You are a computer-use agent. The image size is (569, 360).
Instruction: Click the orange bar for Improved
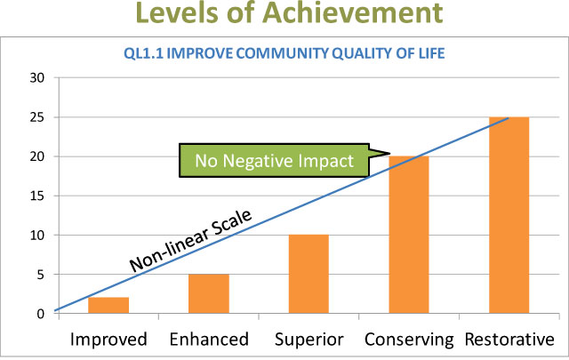click(108, 305)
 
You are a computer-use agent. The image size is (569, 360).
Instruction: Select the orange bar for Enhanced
click(209, 293)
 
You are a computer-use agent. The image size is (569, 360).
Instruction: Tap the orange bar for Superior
click(309, 274)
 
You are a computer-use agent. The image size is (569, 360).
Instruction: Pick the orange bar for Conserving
click(409, 235)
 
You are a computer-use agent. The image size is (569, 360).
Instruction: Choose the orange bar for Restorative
click(509, 215)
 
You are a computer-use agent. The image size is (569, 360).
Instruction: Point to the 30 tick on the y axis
click(37, 77)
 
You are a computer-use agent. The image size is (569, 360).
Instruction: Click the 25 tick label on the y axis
click(37, 117)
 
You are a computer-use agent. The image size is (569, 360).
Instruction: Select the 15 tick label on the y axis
click(37, 196)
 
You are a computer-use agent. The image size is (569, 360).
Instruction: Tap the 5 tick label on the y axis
click(40, 275)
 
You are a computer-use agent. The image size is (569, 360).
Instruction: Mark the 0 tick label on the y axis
click(40, 314)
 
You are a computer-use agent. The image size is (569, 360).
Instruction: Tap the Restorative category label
click(509, 340)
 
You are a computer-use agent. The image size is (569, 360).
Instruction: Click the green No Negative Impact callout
click(275, 160)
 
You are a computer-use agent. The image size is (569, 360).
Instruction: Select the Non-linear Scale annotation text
click(190, 241)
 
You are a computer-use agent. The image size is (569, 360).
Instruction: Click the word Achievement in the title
click(352, 12)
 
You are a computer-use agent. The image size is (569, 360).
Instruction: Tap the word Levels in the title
click(177, 12)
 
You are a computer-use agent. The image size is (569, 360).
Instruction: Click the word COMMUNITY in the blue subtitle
click(283, 53)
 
